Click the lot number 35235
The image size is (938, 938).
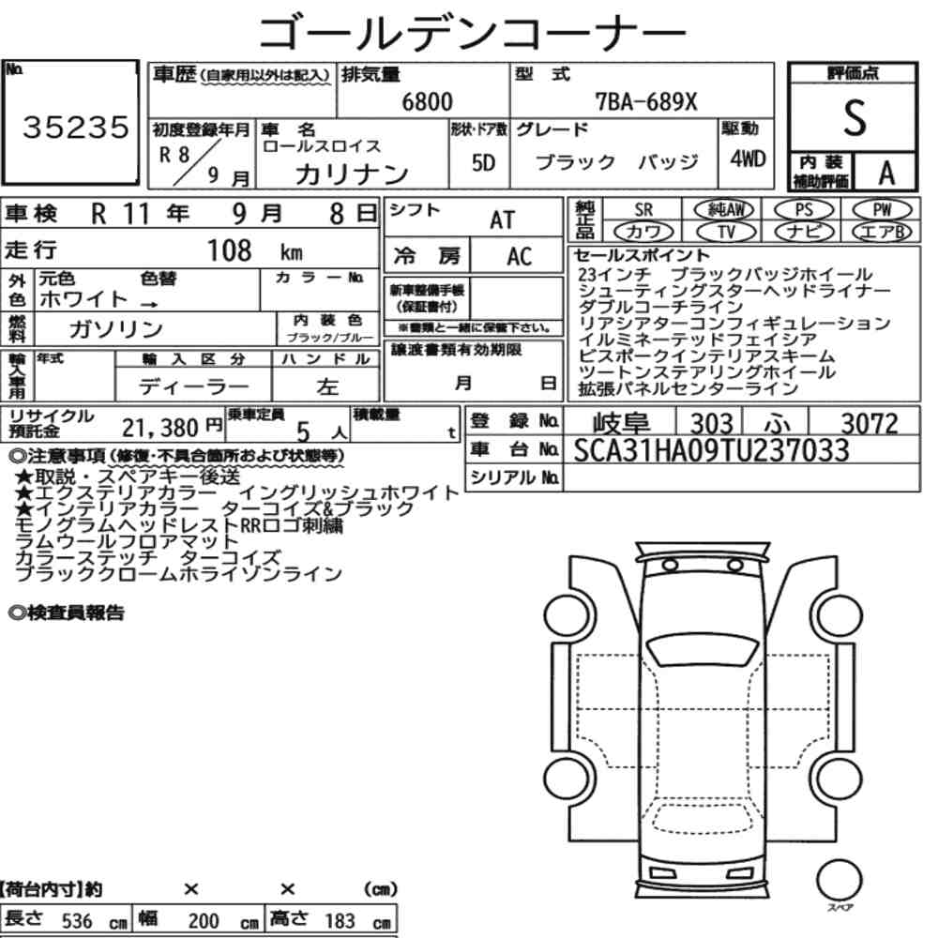(75, 128)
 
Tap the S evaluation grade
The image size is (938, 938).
(855, 118)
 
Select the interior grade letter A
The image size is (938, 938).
(886, 174)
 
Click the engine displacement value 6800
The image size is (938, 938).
(427, 101)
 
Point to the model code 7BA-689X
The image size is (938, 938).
(646, 101)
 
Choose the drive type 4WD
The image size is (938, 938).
(748, 159)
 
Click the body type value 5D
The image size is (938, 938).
(483, 162)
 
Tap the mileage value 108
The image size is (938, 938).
(229, 250)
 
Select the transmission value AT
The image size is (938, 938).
(502, 220)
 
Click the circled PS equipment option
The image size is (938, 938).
(804, 210)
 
